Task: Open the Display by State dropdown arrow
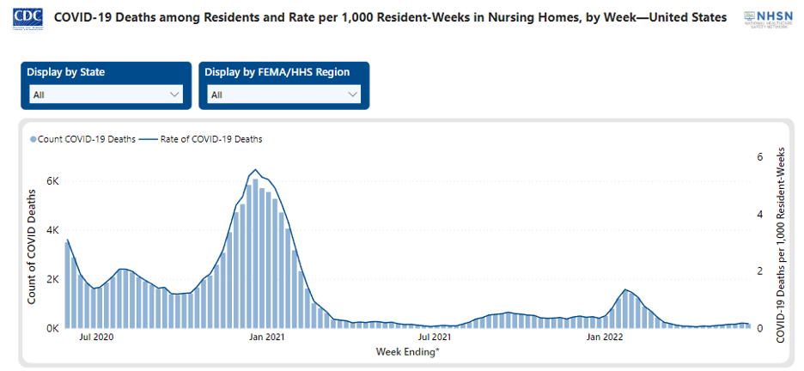[175, 94]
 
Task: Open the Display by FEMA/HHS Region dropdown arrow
[353, 94]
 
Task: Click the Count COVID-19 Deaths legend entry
[83, 139]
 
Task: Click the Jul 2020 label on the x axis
[96, 338]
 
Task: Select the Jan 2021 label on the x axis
[266, 338]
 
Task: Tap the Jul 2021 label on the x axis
[435, 338]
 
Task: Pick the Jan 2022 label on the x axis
[605, 338]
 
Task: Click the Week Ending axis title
[408, 352]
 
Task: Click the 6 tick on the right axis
[759, 157]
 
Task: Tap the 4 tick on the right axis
[759, 214]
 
